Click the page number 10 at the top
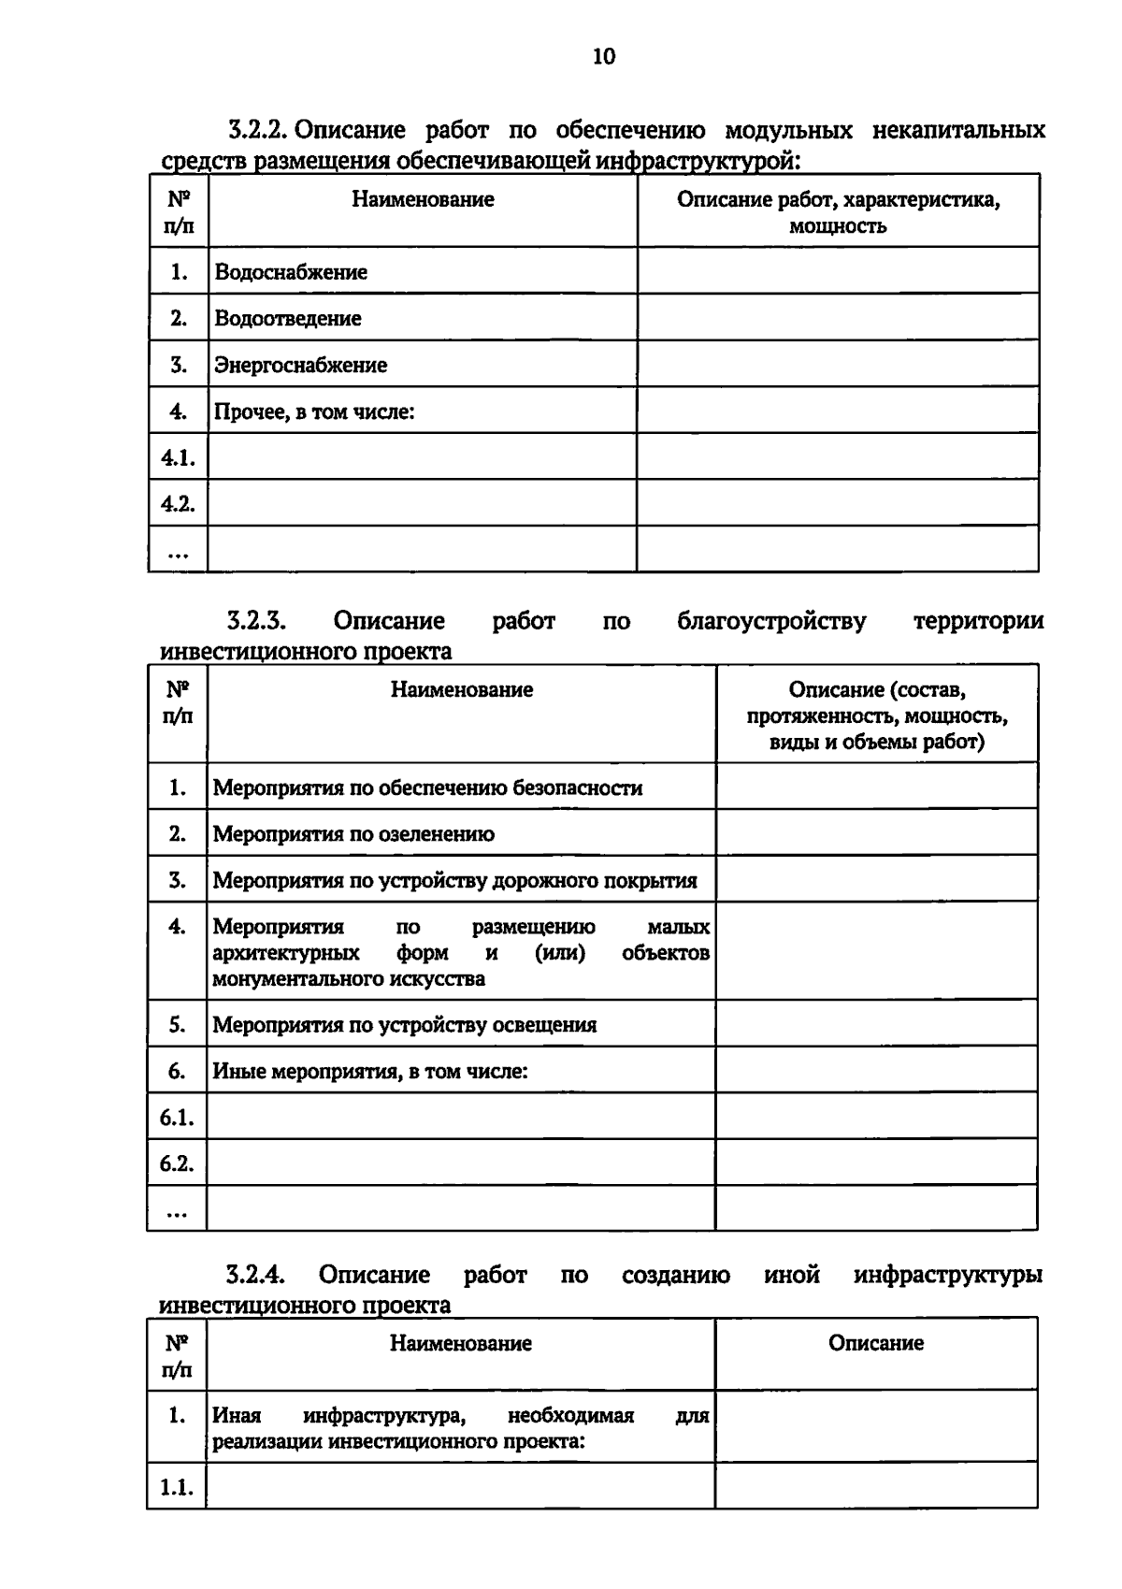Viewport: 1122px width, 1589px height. click(604, 57)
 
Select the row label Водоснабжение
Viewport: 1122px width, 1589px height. click(291, 272)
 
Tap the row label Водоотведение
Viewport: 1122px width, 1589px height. click(288, 318)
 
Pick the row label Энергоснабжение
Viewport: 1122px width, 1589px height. click(300, 365)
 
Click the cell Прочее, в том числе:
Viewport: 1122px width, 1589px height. click(314, 412)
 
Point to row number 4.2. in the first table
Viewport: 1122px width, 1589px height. click(177, 504)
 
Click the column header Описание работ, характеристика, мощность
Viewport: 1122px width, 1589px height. click(838, 212)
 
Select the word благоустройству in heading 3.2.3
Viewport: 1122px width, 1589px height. click(771, 621)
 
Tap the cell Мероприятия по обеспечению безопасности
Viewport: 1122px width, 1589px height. click(427, 787)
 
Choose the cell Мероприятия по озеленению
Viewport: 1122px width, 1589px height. click(353, 833)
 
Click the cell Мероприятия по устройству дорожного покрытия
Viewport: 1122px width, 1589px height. click(454, 880)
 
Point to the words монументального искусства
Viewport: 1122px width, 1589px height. click(349, 979)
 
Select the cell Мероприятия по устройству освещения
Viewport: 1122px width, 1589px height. click(404, 1024)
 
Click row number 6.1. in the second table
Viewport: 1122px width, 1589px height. click(176, 1117)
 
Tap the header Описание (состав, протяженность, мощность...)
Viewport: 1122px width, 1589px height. click(876, 715)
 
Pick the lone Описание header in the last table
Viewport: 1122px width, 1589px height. click(875, 1343)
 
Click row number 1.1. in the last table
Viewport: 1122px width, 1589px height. click(176, 1487)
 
